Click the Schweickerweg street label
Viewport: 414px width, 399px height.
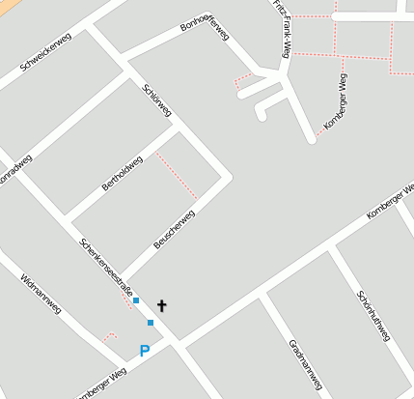(x=47, y=57)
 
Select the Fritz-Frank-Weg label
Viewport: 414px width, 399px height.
(x=281, y=30)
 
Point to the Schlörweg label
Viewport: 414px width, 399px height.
(x=156, y=100)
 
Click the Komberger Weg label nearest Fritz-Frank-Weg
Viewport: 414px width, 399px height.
(x=336, y=108)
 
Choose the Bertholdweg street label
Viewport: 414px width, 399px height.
(x=123, y=173)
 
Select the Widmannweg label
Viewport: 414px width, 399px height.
(x=41, y=294)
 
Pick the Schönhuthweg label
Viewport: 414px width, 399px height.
(x=373, y=316)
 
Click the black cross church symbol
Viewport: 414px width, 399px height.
(x=161, y=306)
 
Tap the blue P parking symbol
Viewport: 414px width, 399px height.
(x=145, y=351)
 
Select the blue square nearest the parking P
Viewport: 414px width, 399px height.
(x=151, y=323)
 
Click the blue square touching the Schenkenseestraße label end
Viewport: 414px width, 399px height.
(x=136, y=300)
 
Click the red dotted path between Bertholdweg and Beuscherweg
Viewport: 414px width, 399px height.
(x=177, y=176)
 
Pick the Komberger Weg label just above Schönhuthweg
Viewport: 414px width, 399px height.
(x=390, y=202)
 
